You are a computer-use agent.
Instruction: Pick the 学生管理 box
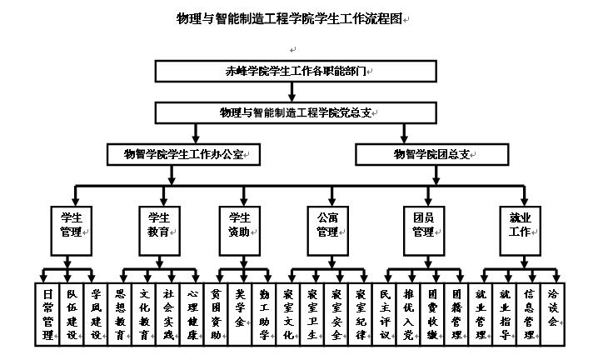coord(70,225)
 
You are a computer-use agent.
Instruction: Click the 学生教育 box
coord(158,225)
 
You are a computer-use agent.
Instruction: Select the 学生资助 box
coord(241,225)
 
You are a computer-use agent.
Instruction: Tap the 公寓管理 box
coord(327,225)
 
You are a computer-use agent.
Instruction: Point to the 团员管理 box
coord(425,225)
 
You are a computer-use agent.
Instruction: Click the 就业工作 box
coord(521,225)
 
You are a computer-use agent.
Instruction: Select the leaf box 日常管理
coord(47,314)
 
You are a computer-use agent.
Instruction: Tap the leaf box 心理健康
coord(193,314)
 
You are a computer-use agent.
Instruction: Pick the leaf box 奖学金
coord(241,314)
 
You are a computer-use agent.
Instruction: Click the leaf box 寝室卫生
coord(312,314)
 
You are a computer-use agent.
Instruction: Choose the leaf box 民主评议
coord(385,314)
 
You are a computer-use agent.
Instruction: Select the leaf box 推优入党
coord(409,314)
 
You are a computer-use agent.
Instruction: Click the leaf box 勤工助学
coord(265,314)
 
